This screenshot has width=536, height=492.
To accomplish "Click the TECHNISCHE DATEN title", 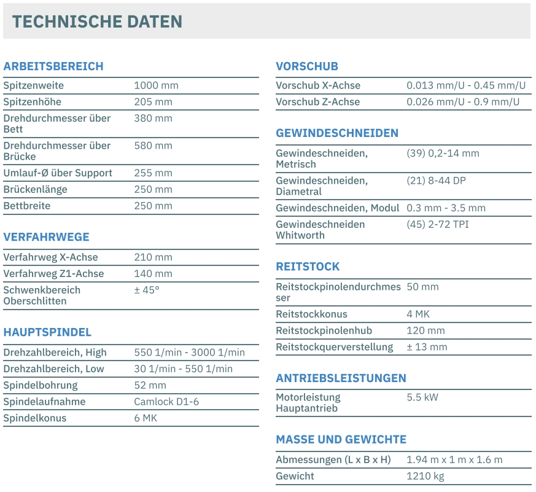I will click(x=97, y=21).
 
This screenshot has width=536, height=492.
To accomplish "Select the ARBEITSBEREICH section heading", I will click(x=53, y=66).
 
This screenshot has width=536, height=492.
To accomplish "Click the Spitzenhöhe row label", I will click(x=33, y=102).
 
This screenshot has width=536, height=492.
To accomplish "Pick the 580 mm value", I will click(x=153, y=146).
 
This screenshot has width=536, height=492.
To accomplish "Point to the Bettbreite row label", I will click(x=27, y=206).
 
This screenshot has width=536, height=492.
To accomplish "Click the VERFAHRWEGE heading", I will click(x=46, y=237).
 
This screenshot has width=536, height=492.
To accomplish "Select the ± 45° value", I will click(x=147, y=290).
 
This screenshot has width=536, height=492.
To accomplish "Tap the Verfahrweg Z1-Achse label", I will click(x=53, y=274).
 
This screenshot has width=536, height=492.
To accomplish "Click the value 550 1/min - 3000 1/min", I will click(x=189, y=353).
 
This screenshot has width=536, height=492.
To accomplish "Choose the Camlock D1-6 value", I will click(x=166, y=402).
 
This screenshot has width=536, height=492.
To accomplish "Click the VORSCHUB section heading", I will click(x=307, y=66).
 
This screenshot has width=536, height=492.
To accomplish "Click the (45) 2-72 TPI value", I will click(x=438, y=224).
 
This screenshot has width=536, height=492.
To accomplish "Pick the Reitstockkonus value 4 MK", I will click(x=418, y=314).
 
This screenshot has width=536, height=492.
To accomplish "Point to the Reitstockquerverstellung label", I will click(x=334, y=347).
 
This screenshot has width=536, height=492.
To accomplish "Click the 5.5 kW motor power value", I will click(x=422, y=397).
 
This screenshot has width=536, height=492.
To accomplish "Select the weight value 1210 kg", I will click(x=425, y=476).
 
